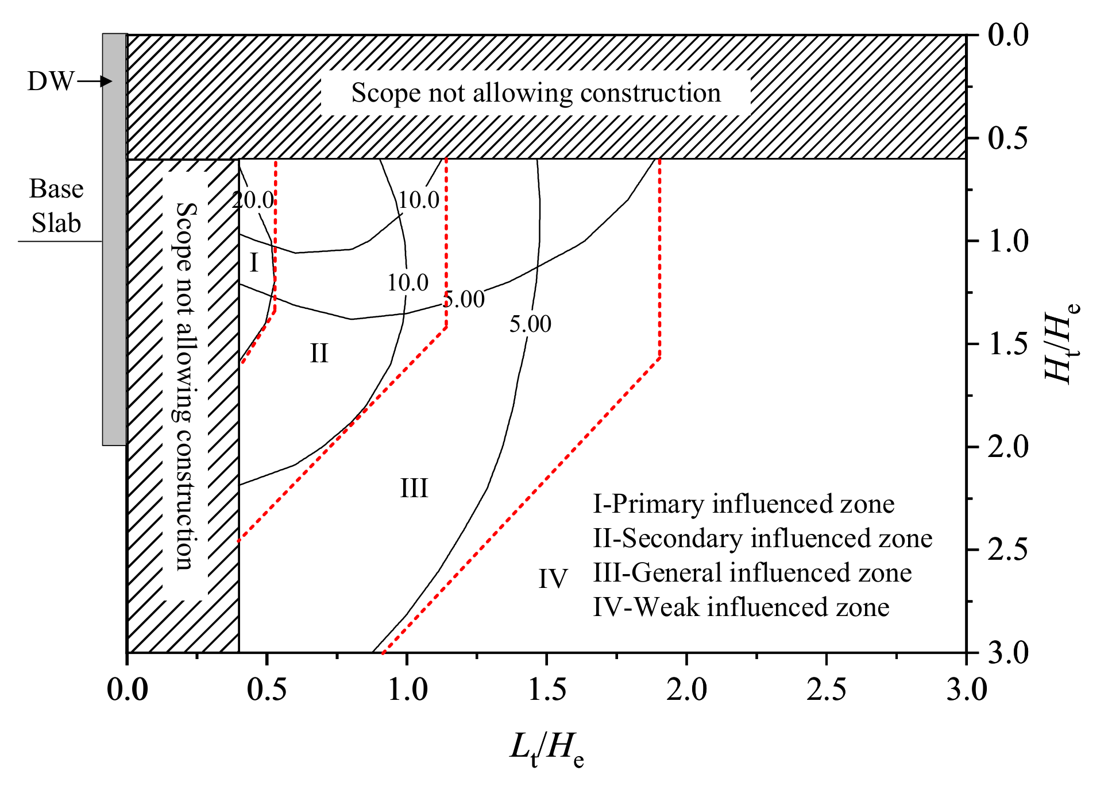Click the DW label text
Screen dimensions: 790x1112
(x=51, y=82)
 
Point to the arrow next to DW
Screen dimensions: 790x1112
(x=95, y=82)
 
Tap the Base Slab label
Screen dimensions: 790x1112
(x=56, y=206)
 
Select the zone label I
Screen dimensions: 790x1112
(x=254, y=262)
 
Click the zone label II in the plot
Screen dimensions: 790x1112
(x=319, y=353)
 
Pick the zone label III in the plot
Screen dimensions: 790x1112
(x=414, y=489)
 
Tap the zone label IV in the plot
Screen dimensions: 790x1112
(x=553, y=578)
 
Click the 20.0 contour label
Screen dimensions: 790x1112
(x=253, y=200)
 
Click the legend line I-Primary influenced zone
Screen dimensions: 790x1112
(x=743, y=504)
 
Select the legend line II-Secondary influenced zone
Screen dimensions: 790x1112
(x=762, y=539)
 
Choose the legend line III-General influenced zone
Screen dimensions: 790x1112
(x=752, y=573)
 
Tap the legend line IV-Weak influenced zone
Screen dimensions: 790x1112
(x=741, y=607)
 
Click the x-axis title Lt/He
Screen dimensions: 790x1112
(x=547, y=750)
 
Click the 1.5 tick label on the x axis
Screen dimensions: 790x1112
(x=547, y=689)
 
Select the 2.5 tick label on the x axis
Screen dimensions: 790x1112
(x=826, y=689)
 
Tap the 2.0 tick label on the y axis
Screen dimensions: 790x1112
(x=1008, y=447)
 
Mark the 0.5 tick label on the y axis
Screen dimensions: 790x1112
(x=1008, y=138)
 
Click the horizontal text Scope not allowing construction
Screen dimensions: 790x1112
(x=536, y=93)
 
